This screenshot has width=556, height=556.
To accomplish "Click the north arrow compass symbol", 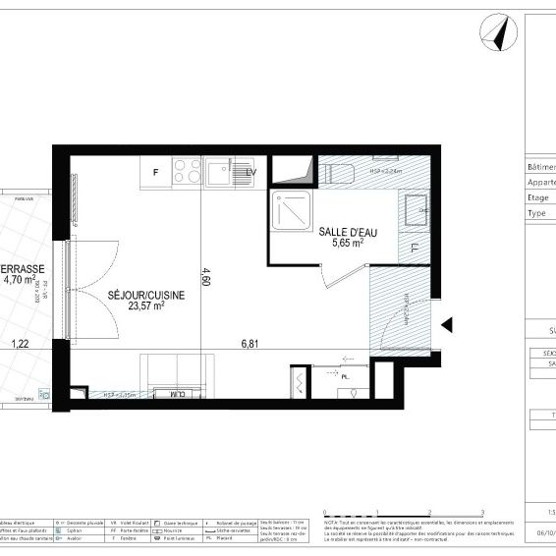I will click(x=498, y=33).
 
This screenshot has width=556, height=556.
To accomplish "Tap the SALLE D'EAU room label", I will click(x=345, y=232).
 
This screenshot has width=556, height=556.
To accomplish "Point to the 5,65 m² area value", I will click(x=345, y=244).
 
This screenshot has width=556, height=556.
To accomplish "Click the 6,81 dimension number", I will click(x=255, y=344).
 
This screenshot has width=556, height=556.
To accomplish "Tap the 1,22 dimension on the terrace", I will click(x=20, y=344).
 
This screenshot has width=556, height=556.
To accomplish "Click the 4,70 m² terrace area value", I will click(x=19, y=280).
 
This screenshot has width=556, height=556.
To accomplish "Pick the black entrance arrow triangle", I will click(x=447, y=325).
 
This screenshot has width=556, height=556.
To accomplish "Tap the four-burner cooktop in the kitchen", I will click(x=186, y=173).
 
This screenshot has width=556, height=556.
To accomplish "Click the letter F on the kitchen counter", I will click(x=154, y=173).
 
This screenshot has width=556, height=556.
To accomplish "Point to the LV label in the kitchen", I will click(x=251, y=173).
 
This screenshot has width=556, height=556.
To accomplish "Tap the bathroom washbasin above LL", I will click(x=416, y=207).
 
